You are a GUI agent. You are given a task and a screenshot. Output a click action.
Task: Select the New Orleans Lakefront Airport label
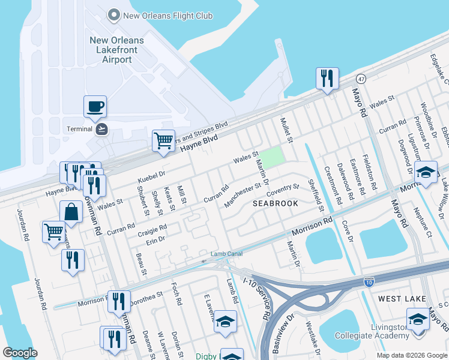(116, 50)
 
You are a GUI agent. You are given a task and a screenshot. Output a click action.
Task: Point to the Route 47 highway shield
(360, 79)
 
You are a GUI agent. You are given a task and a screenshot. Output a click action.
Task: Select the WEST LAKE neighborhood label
(402, 298)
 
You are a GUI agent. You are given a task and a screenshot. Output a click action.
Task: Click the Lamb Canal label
(226, 254)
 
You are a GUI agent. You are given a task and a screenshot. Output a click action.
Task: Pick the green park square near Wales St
(271, 157)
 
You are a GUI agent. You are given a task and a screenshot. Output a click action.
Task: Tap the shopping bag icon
(71, 212)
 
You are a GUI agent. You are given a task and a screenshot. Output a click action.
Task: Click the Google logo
(20, 353)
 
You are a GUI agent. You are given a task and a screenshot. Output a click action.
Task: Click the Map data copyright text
(411, 355)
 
